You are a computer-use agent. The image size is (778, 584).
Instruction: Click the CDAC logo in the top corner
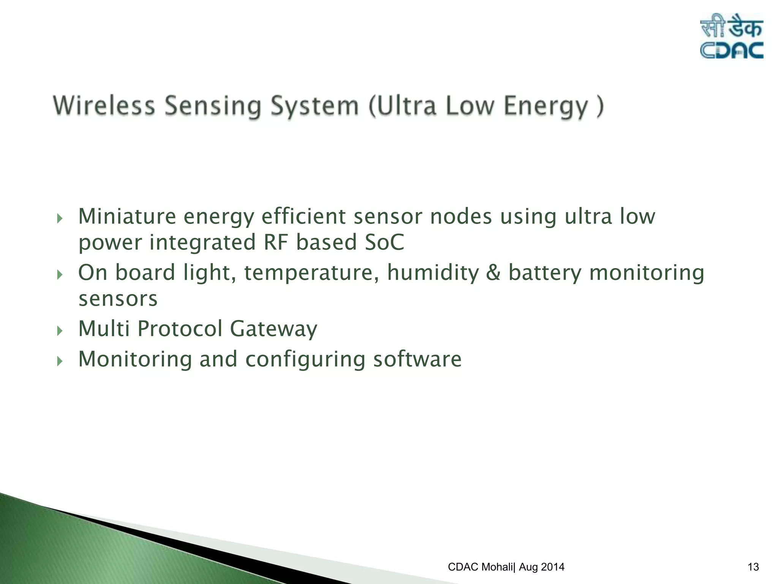pos(731,36)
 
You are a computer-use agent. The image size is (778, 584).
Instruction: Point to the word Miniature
pos(127,216)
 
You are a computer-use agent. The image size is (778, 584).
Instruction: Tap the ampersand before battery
pos(493,273)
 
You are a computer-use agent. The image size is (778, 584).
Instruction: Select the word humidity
pos(433,273)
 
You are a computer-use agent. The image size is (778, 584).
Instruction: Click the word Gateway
pos(274,328)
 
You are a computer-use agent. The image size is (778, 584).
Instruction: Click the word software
pos(417,359)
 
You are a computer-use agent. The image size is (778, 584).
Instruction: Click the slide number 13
pos(753,567)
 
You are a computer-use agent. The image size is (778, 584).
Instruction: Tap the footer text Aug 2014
pos(542,567)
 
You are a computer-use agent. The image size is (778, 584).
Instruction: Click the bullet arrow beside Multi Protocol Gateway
pos(60,330)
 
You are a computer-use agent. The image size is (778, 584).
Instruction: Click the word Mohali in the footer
pos(497,567)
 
